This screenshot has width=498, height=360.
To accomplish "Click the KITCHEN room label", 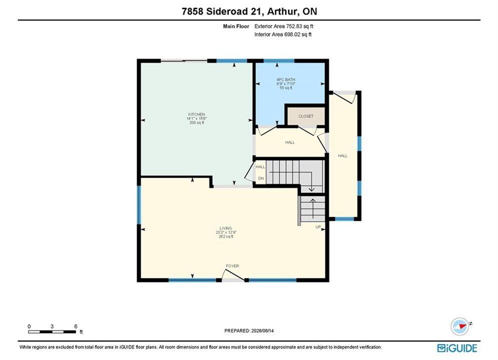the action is tap(197, 114).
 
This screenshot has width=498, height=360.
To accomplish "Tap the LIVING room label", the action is tap(226, 228).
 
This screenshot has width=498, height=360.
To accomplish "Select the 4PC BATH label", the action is tap(286, 79).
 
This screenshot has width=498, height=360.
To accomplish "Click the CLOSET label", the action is tap(306, 116).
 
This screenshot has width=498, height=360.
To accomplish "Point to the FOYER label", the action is tap(233, 266).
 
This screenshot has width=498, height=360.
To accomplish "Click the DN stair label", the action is tap(261, 178).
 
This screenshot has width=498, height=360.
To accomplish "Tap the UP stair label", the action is tap(318, 227).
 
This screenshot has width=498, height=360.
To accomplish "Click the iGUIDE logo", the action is tap(457, 348).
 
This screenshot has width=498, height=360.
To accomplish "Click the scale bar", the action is tap(52, 332).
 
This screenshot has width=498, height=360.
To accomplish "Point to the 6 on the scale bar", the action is tap(76, 326).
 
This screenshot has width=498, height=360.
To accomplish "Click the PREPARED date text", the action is tap(249, 330).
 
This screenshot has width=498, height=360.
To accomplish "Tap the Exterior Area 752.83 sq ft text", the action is tap(284, 26).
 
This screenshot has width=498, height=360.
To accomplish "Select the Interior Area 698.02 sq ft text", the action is tap(283, 34).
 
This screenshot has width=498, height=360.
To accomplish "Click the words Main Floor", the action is tap(236, 26).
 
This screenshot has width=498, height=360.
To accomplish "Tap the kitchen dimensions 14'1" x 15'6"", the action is tap(197, 118).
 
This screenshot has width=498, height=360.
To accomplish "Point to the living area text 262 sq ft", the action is tap(226, 236).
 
